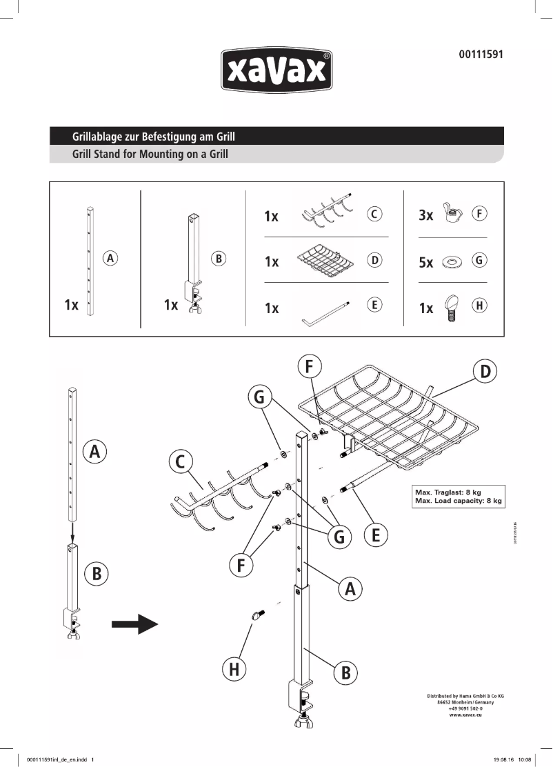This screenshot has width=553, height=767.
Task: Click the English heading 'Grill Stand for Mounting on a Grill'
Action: (150, 155)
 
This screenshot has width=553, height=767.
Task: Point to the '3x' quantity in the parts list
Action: (426, 215)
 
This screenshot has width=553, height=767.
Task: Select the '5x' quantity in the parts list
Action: (426, 263)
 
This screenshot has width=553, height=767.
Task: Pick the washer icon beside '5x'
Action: (453, 262)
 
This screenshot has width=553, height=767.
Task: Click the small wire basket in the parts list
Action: (325, 261)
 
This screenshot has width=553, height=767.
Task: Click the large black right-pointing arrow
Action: (135, 625)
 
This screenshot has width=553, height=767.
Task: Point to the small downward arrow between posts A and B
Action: (72, 532)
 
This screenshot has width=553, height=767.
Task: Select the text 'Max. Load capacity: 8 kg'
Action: (458, 501)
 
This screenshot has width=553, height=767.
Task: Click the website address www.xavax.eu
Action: (465, 715)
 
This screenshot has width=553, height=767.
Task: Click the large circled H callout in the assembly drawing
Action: (234, 668)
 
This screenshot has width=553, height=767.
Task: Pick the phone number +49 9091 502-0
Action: (465, 708)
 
